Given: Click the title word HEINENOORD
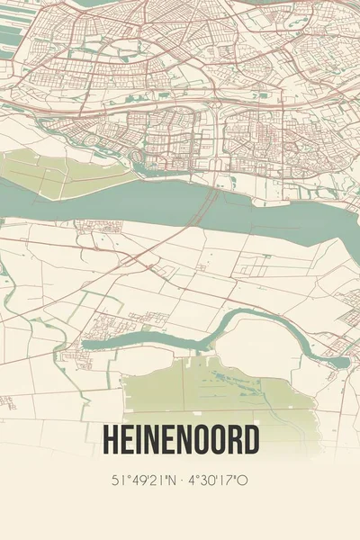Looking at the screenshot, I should pyautogui.click(x=180, y=440).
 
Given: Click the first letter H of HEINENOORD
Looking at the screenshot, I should pyautogui.click(x=109, y=440).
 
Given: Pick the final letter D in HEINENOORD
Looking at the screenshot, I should pyautogui.click(x=252, y=440).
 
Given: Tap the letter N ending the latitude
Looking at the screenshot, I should pyautogui.click(x=172, y=481).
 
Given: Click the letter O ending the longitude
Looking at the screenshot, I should pyautogui.click(x=244, y=481).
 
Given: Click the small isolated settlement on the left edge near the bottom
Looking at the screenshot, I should pyautogui.click(x=7, y=401).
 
